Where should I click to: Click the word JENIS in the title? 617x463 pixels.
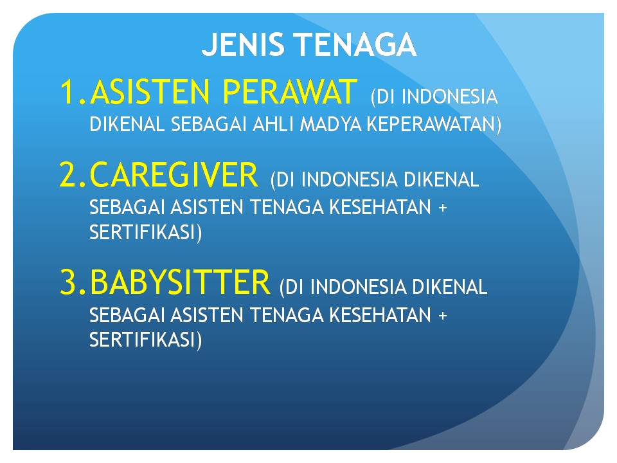tap(242, 44)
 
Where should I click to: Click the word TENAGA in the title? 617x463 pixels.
tap(356, 44)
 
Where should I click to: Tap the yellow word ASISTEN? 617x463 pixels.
tap(150, 92)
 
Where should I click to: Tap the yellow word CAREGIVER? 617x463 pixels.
tap(174, 174)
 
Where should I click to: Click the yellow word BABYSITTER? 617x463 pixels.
tap(180, 282)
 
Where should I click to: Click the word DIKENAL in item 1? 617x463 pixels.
tap(127, 124)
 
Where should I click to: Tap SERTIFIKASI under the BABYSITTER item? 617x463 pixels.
tap(143, 340)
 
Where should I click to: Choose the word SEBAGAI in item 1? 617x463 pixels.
tap(208, 124)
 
